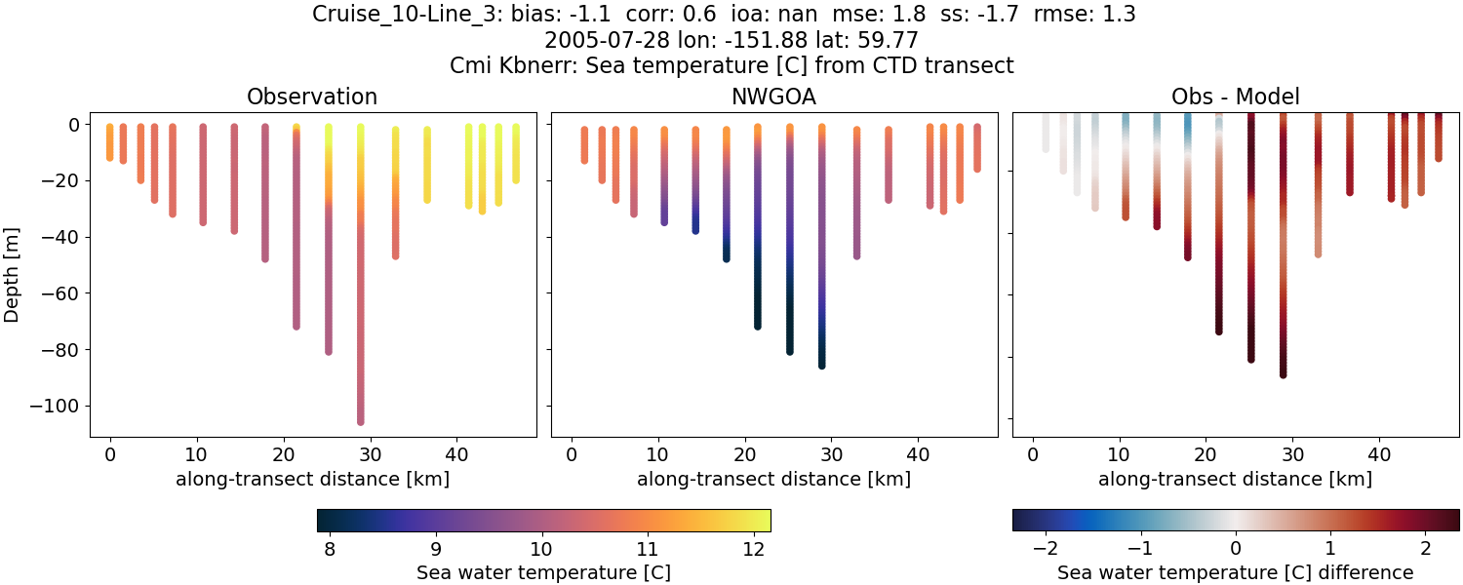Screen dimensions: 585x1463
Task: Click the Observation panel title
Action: [312, 97]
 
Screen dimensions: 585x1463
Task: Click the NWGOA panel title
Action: [773, 97]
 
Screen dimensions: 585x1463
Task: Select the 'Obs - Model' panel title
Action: [1235, 97]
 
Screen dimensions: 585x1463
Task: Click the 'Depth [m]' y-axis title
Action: [13, 264]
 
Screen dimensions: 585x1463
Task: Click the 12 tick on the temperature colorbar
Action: [752, 549]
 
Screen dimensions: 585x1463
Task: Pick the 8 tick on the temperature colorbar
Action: [330, 549]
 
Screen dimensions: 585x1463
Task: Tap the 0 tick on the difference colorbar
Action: [1236, 549]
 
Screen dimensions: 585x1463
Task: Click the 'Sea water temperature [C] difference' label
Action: [1235, 572]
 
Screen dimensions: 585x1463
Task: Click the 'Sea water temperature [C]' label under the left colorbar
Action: [543, 572]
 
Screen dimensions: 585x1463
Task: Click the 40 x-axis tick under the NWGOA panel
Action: [918, 453]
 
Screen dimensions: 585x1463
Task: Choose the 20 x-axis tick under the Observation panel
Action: [283, 453]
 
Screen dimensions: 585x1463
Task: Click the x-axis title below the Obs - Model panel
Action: [1235, 479]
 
